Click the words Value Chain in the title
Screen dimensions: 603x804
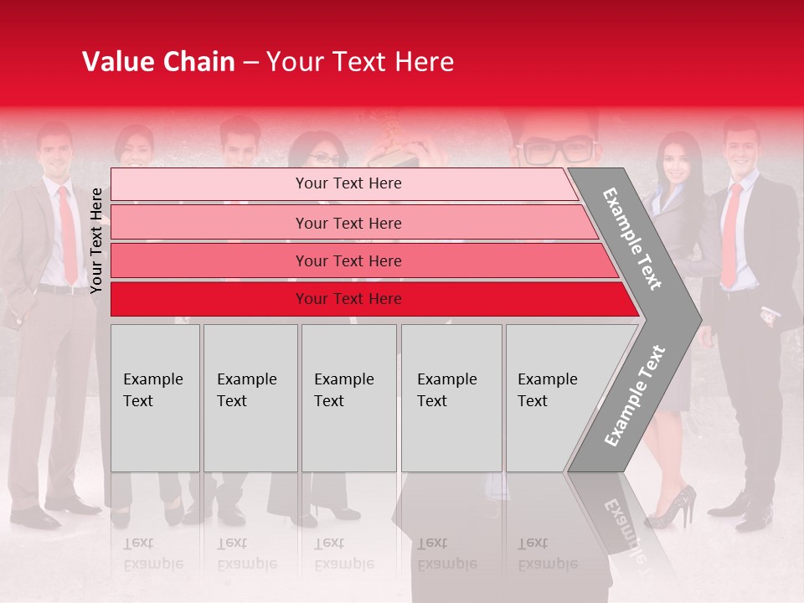click(158, 62)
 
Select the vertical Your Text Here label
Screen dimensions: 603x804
click(97, 240)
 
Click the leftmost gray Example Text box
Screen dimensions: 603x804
click(155, 398)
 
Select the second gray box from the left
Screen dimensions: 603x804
click(250, 398)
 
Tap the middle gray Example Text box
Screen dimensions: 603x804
click(348, 398)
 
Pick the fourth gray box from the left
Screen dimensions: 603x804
click(451, 398)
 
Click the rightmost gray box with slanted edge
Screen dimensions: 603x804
click(553, 398)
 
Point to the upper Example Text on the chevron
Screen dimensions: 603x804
click(632, 239)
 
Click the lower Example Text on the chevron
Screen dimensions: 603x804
click(635, 395)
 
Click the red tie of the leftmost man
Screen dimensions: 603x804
click(68, 234)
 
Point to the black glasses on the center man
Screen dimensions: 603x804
click(556, 152)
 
